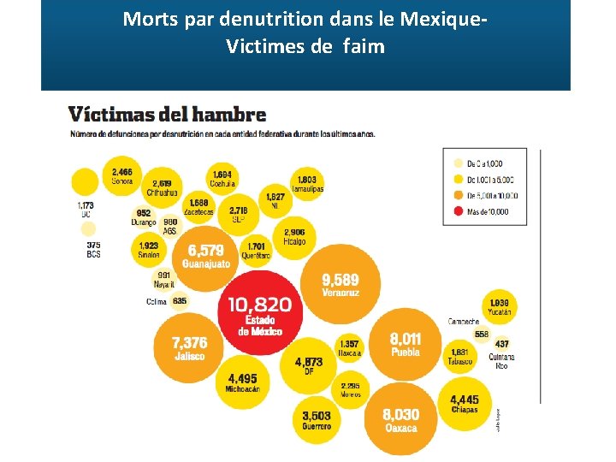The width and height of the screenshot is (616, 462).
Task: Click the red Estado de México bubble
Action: (259, 314)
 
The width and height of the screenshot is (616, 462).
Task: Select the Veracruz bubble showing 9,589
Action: (340, 284)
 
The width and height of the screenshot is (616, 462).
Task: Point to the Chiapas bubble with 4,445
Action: (465, 402)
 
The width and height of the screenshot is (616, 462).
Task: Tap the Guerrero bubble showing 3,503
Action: (316, 419)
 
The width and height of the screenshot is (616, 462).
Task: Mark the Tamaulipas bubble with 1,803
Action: (307, 184)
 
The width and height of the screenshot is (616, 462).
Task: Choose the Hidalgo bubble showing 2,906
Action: (294, 236)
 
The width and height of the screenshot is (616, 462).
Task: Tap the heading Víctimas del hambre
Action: (167, 115)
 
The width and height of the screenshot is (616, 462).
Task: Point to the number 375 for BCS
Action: (93, 245)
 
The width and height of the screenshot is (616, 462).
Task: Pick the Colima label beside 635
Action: (157, 301)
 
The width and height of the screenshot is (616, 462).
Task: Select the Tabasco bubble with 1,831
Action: (459, 355)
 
